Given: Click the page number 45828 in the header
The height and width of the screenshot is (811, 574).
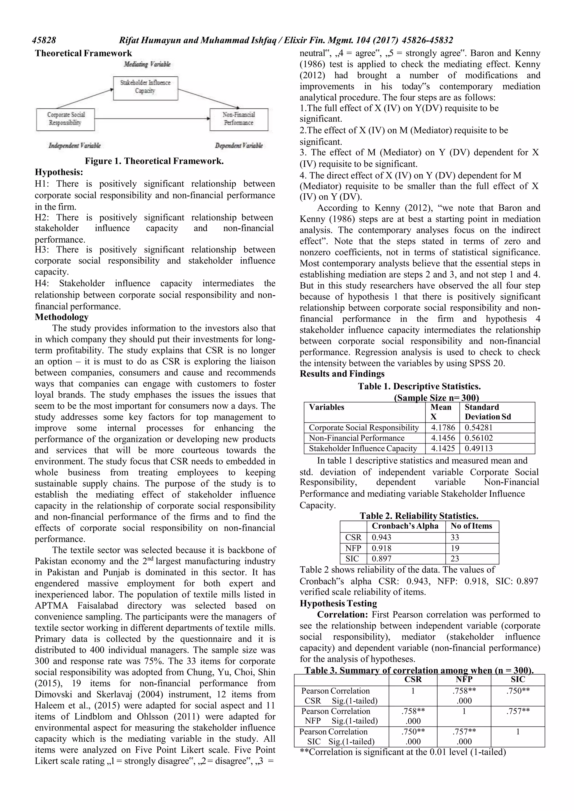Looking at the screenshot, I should [44, 40].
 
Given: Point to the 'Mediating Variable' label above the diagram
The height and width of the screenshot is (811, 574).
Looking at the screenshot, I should [147, 64].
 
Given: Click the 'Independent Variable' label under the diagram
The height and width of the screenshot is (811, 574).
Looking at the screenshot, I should [75, 146].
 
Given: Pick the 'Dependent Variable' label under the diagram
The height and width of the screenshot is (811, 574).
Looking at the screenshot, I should [239, 146].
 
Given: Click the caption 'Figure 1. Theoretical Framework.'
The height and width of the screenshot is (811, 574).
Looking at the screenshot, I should [154, 161].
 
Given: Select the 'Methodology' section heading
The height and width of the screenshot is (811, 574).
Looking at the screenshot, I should [62, 317].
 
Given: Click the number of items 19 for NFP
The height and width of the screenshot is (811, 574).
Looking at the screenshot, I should [455, 548].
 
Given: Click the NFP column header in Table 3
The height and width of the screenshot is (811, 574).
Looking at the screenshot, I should [464, 679].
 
